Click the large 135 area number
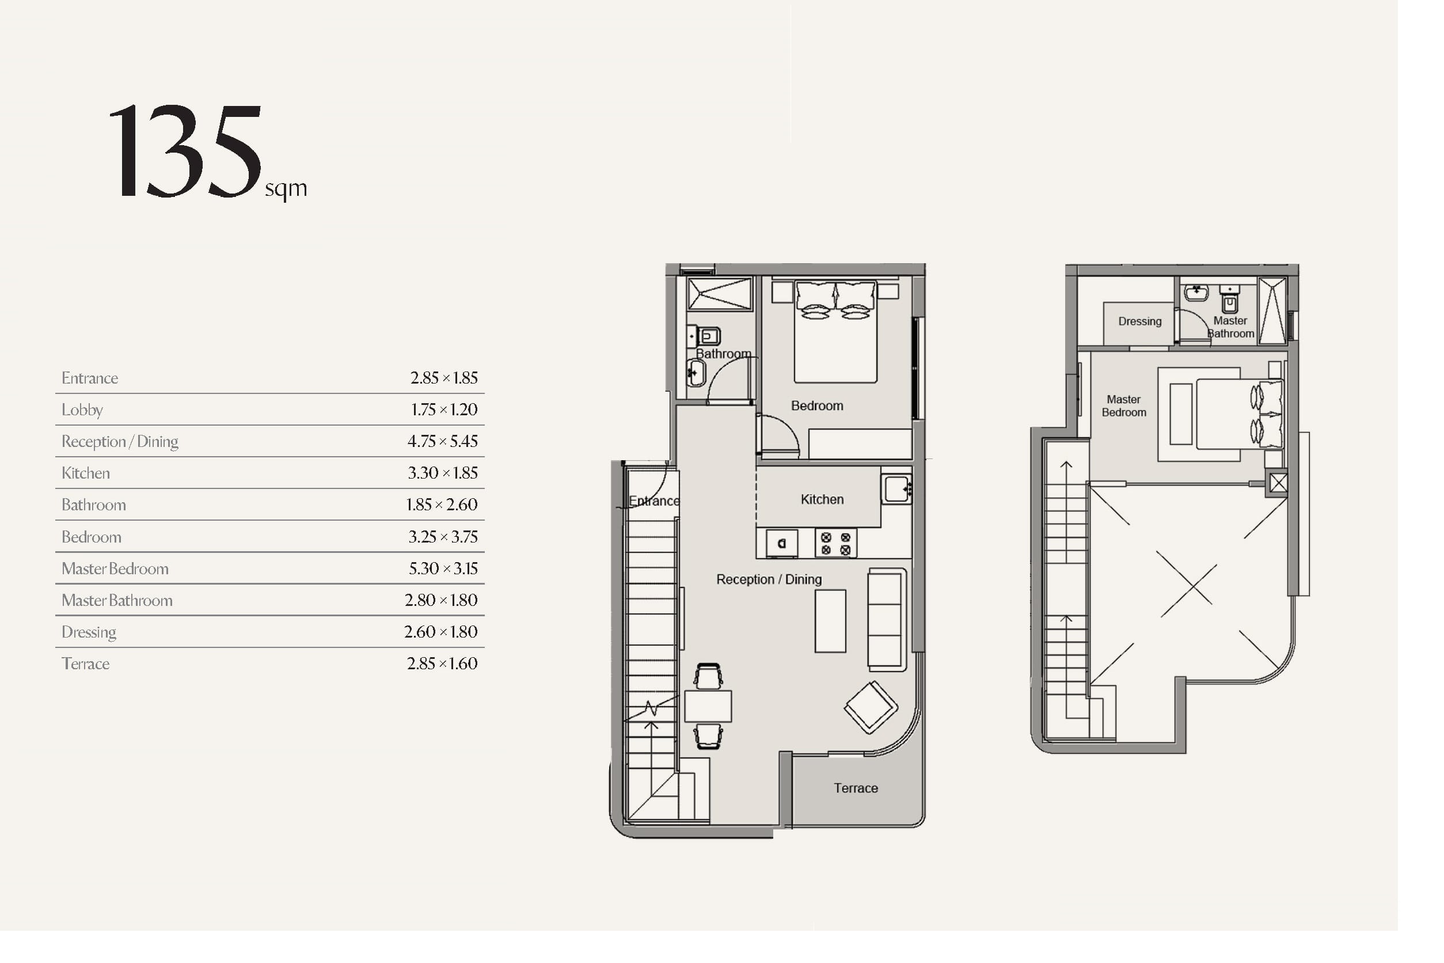coord(185,151)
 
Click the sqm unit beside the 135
coord(286,188)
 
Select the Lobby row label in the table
coord(82,410)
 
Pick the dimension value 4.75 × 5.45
coord(443,441)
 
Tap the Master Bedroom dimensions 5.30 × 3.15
coord(443,568)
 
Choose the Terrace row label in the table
coord(85,664)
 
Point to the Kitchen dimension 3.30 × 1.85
coord(443,473)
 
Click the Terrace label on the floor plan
coord(856,788)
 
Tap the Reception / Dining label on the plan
coord(769,579)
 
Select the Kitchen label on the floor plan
coord(822,499)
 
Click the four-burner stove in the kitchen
coord(835,544)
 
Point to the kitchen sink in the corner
coord(896,489)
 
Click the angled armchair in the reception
coord(871,707)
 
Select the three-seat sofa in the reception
coord(887,619)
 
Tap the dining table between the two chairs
coord(708,706)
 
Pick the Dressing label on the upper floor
coord(1139,321)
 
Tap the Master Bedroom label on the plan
coord(1123,406)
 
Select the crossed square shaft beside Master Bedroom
coord(1278,483)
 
